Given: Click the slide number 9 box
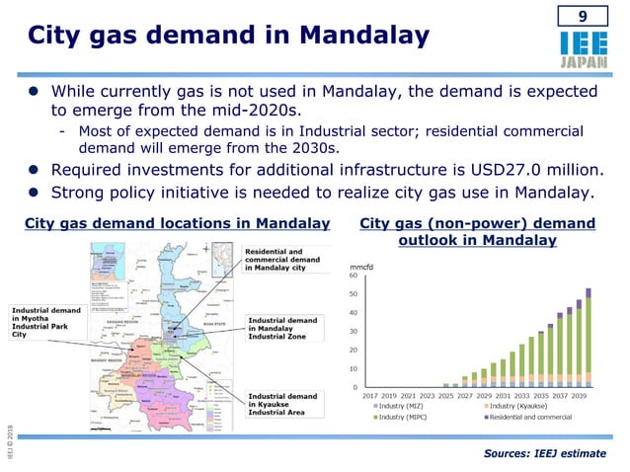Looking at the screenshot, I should click(x=582, y=17).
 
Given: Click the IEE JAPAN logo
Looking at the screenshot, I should click(x=582, y=49).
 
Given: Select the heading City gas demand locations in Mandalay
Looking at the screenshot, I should click(x=178, y=223).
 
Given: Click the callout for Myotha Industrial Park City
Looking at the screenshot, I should click(x=48, y=321).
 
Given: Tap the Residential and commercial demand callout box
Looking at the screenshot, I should click(x=284, y=259).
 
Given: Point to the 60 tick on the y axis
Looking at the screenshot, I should click(x=354, y=275).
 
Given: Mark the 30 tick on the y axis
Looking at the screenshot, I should click(x=354, y=332).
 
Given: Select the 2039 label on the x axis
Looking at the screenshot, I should click(x=578, y=396).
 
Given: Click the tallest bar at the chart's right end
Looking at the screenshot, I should click(x=589, y=336).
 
